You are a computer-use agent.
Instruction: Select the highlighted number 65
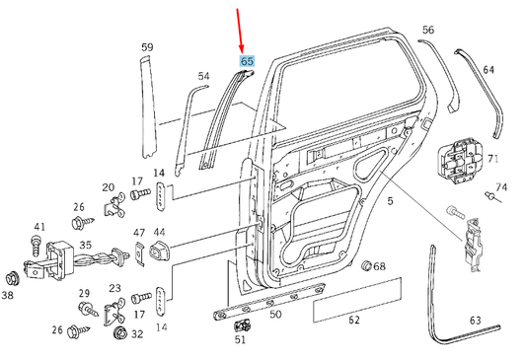coord(247,61)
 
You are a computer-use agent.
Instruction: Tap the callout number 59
coord(147,47)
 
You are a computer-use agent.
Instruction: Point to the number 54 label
coord(203,76)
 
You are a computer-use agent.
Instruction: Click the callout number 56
coord(427,31)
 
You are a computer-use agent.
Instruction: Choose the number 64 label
coord(488,70)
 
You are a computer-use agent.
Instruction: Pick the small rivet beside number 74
coord(488,199)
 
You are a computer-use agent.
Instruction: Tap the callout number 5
coord(390,201)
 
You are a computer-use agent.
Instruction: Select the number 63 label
coord(475,320)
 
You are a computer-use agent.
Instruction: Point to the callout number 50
coord(275,314)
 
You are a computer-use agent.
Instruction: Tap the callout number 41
coord(40,226)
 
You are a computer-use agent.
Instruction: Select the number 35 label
coord(86,246)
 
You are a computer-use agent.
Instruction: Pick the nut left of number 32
coord(118,333)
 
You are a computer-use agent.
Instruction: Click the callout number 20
coord(108,186)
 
